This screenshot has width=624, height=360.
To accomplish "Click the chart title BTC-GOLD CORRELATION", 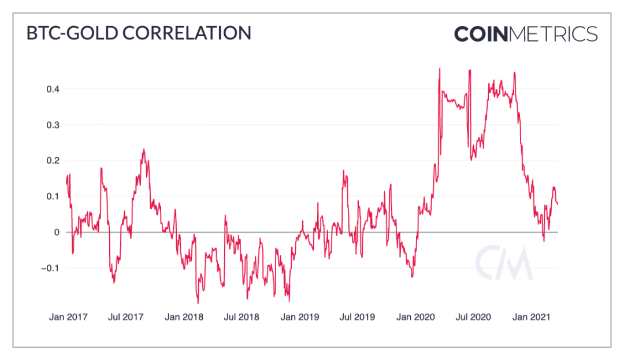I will click(x=139, y=33).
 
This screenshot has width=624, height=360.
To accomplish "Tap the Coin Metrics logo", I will click(x=525, y=34).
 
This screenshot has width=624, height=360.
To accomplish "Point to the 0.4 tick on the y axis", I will click(x=53, y=89).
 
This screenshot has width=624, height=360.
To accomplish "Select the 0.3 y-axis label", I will click(x=53, y=125).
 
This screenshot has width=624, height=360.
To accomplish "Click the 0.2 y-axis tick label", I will click(x=53, y=161).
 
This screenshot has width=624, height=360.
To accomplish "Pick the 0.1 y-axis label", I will click(x=53, y=196).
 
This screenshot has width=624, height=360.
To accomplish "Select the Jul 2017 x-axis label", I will click(x=125, y=317).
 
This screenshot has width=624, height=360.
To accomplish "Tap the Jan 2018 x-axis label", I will click(x=184, y=317).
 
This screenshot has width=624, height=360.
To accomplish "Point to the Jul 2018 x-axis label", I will click(x=242, y=317).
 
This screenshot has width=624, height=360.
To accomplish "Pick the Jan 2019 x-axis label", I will click(x=300, y=317).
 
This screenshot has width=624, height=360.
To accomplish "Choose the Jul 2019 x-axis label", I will click(x=357, y=317).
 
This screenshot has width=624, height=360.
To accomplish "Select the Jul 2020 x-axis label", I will click(x=473, y=317).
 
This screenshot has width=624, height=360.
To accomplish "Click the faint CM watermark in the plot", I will click(x=503, y=263).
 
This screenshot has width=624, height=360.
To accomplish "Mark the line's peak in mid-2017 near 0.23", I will click(x=143, y=149).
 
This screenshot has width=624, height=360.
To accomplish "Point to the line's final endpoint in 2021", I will click(x=558, y=203).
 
